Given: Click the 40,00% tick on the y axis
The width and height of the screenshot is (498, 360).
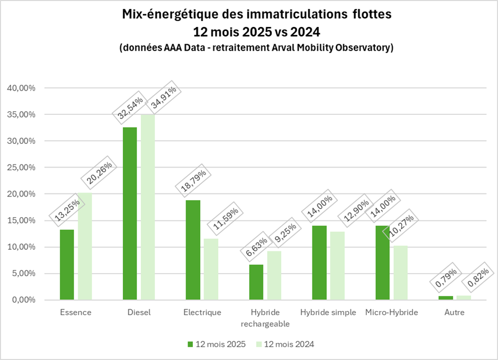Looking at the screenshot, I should tap(21, 88).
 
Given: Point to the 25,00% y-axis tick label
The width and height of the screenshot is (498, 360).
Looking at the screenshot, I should tap(21, 168).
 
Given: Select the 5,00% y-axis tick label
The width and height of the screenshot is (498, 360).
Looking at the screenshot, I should tap(23, 274).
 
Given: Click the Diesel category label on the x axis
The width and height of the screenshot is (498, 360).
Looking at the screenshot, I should tap(139, 312).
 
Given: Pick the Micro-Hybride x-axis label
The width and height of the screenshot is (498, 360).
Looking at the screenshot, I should tap(392, 312).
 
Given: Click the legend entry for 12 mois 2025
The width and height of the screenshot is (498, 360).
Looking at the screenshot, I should tap(216, 344).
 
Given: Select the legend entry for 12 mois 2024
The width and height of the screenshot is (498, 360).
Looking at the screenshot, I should tap(285, 344).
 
